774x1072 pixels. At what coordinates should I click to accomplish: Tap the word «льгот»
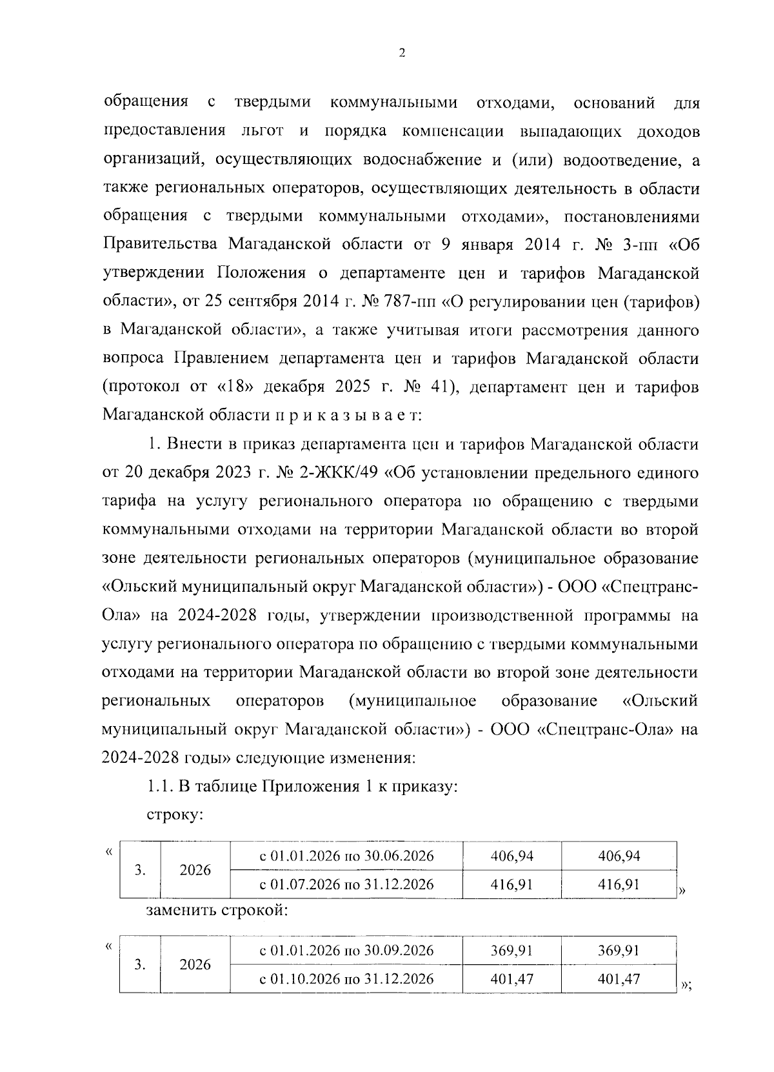pyautogui.click(x=261, y=131)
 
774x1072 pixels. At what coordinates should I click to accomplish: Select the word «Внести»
pyautogui.click(x=192, y=445)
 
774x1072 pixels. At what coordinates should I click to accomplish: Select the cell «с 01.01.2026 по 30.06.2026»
pyautogui.click(x=346, y=856)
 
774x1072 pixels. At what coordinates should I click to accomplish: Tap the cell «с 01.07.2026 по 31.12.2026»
pyautogui.click(x=346, y=884)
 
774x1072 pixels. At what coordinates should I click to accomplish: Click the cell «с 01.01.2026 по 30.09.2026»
pyautogui.click(x=346, y=951)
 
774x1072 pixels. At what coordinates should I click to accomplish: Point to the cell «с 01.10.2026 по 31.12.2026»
pyautogui.click(x=346, y=978)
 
